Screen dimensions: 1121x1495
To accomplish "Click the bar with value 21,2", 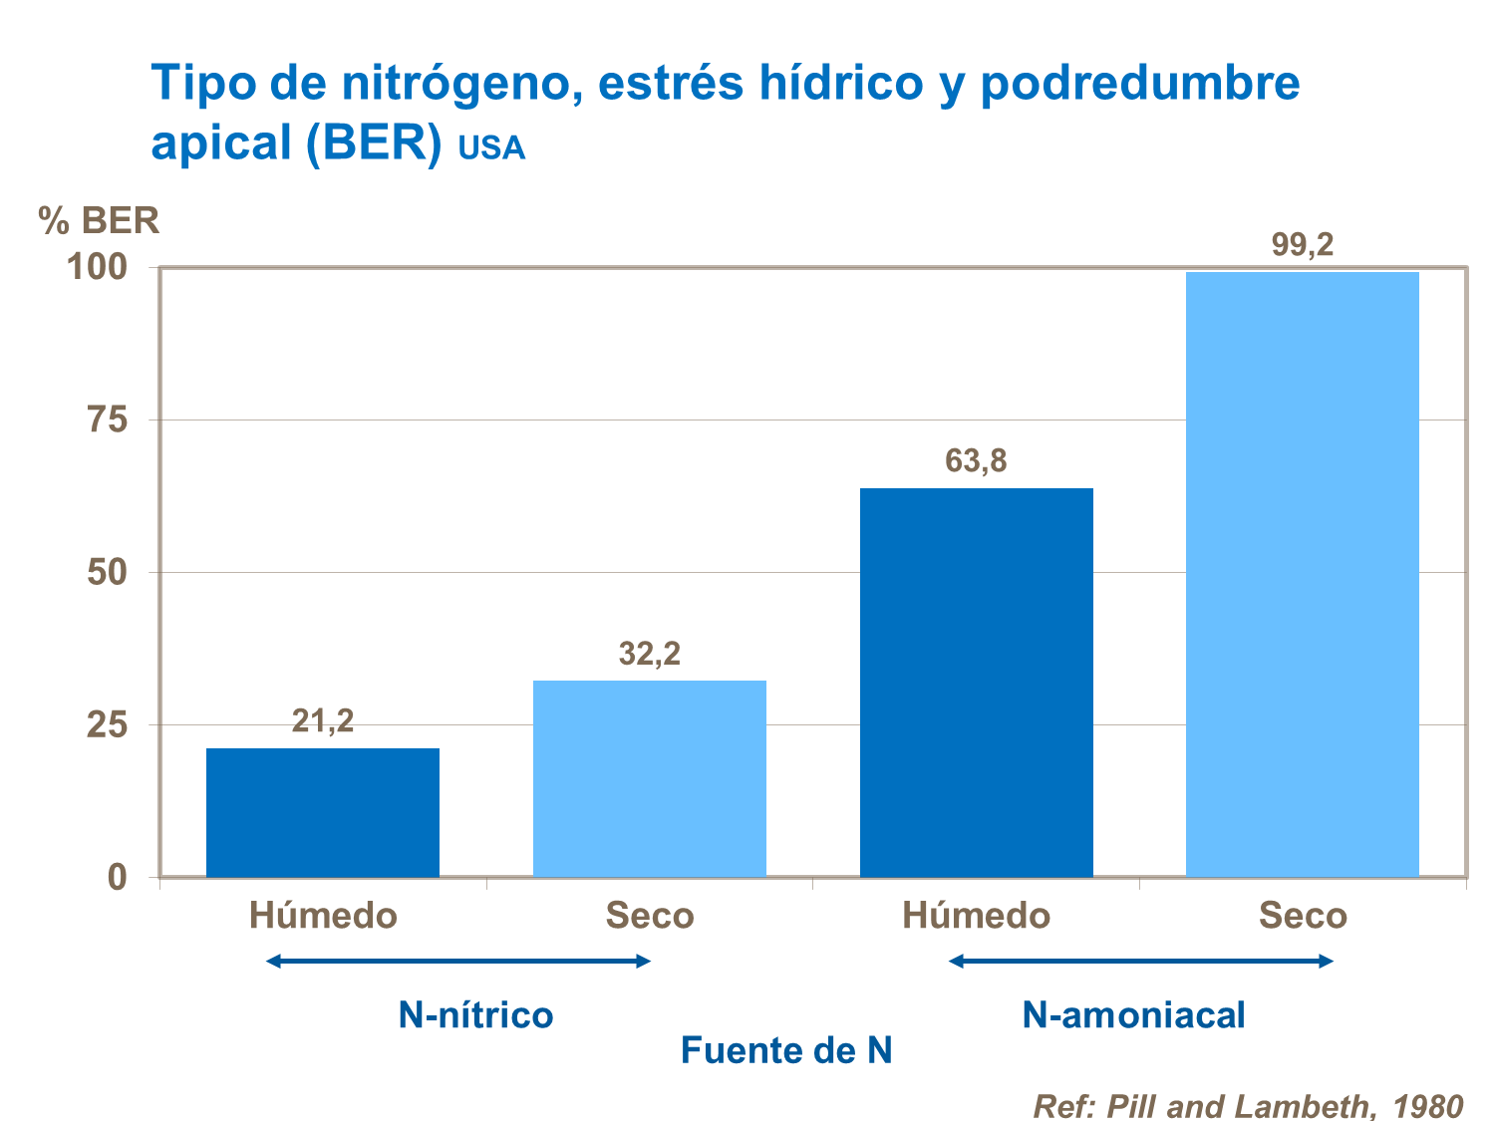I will tap(322, 812).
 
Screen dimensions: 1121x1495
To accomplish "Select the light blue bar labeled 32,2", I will tap(649, 778).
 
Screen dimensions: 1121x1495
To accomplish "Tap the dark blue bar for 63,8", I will tap(976, 683).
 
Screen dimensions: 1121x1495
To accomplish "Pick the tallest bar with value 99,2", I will tap(1302, 574).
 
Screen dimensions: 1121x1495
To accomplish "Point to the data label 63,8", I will tap(976, 461).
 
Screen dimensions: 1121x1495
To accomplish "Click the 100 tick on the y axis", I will tap(97, 268).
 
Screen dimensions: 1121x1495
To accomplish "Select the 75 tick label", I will tap(107, 420).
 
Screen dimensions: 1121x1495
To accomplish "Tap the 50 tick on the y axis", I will tap(107, 573).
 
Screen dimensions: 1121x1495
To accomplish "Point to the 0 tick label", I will tap(118, 878).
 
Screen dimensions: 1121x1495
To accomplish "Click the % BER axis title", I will tap(99, 220).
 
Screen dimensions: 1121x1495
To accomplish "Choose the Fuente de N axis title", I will tap(785, 1051).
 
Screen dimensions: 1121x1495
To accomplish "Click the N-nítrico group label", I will tap(475, 1015).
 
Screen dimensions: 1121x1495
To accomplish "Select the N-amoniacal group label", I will tap(1133, 1015).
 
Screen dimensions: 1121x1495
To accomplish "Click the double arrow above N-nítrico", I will tap(458, 962).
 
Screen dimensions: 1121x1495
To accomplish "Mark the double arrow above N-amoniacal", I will tap(1141, 962).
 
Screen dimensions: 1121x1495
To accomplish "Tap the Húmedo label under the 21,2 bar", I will tap(323, 916).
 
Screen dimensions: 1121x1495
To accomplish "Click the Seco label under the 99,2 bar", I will tap(1302, 916).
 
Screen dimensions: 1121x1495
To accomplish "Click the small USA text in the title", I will tap(491, 148).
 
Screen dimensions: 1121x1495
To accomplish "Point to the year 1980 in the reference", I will tap(1427, 1106).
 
